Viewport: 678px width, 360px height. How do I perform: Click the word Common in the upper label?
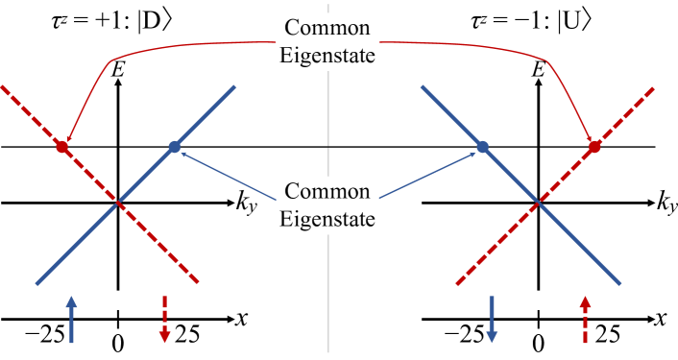(x=327, y=28)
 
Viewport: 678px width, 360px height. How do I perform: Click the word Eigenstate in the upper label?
(x=327, y=56)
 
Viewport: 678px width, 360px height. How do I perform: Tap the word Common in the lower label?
(x=327, y=190)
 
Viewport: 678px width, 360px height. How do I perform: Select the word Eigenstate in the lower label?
(x=327, y=218)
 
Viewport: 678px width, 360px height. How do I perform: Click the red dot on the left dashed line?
(x=62, y=148)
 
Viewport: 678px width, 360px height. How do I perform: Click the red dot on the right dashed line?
(x=594, y=147)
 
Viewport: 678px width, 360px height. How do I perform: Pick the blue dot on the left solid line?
(x=174, y=147)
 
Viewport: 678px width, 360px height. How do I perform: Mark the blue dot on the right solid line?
(x=483, y=147)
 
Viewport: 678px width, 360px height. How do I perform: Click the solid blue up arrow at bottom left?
(x=70, y=320)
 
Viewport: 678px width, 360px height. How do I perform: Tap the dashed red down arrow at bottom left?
(x=164, y=320)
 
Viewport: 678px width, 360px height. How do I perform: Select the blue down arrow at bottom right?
(x=492, y=320)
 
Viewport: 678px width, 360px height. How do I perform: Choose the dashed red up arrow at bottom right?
(x=585, y=320)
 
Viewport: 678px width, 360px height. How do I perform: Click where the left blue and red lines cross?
(x=118, y=203)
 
